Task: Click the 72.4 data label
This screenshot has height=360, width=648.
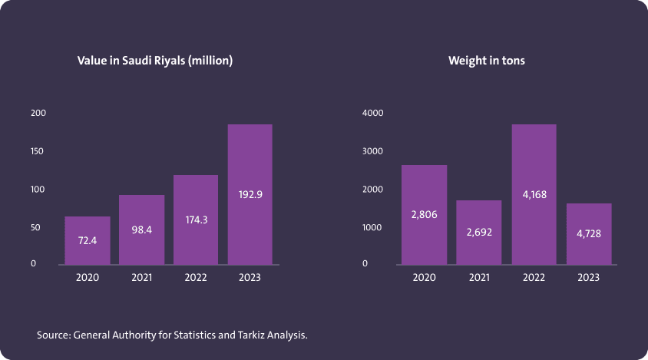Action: point(87,240)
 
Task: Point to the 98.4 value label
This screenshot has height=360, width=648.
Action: point(141,230)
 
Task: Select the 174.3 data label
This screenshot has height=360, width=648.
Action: point(196,220)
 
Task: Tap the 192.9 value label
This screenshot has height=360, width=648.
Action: point(250,194)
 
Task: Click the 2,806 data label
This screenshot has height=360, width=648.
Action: point(424,214)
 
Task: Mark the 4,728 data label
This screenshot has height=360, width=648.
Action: point(589,233)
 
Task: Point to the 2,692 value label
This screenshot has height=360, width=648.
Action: point(479,232)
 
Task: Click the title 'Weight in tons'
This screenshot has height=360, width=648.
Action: point(487,60)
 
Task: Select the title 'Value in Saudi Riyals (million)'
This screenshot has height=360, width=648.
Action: point(154,60)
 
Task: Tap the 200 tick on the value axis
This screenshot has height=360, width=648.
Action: point(38,113)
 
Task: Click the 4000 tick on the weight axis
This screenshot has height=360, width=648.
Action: point(372,113)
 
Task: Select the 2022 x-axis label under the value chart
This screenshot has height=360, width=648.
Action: point(196,278)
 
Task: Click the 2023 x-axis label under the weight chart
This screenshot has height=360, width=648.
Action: point(589,278)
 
